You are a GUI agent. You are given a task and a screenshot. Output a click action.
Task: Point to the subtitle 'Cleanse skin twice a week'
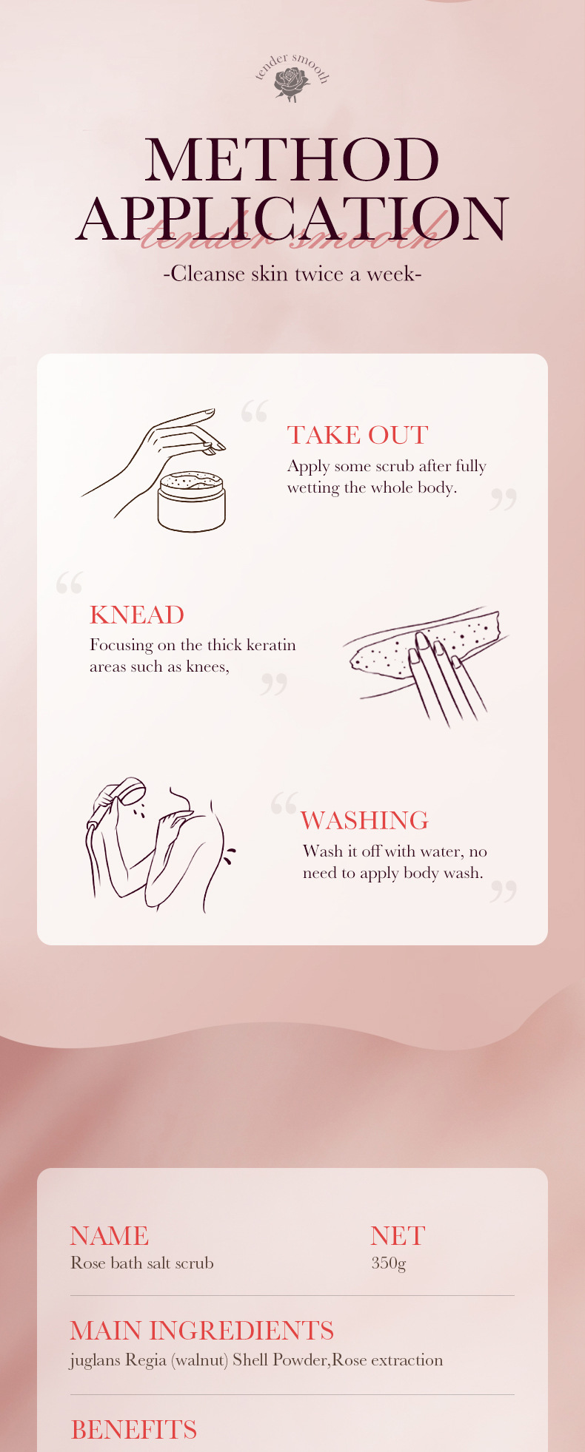coord(292,274)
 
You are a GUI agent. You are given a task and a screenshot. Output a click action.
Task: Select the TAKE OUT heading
coord(358,435)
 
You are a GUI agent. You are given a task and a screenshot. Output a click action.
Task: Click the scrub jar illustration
coord(192,502)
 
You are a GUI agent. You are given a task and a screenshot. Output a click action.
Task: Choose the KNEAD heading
coord(137,615)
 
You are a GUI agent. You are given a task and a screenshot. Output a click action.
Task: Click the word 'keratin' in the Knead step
coord(271,645)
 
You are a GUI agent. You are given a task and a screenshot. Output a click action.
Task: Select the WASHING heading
coord(364,820)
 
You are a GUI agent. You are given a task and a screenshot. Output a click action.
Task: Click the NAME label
coord(110,1236)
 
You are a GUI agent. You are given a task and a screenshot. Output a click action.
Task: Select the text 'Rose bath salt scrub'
coord(142,1263)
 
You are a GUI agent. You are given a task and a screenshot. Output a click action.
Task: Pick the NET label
coord(398,1236)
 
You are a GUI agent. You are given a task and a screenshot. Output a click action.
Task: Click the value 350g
coord(389,1263)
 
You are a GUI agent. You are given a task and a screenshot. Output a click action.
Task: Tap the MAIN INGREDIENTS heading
coord(202,1331)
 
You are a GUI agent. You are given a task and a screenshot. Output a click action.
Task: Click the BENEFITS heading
coord(134,1430)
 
